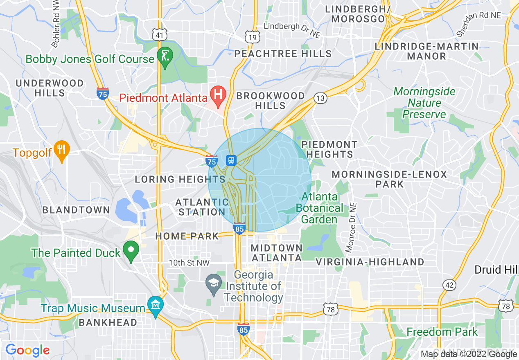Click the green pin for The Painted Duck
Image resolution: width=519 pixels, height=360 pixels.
click(131, 250)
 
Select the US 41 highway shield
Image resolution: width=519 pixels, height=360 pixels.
click(159, 35)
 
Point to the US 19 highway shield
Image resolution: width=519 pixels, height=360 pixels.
click(252, 37)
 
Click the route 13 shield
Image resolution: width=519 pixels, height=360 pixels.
click(320, 98)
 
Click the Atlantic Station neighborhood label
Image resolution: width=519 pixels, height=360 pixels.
click(202, 207)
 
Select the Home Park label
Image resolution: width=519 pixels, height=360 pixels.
click(187, 236)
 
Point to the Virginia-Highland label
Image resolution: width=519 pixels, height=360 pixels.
click(370, 262)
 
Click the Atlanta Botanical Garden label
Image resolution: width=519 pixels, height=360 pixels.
click(319, 208)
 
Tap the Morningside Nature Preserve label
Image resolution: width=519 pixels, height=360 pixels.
click(424, 103)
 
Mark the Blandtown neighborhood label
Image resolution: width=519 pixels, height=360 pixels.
click(76, 210)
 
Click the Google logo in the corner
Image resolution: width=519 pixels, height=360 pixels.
click(27, 350)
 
